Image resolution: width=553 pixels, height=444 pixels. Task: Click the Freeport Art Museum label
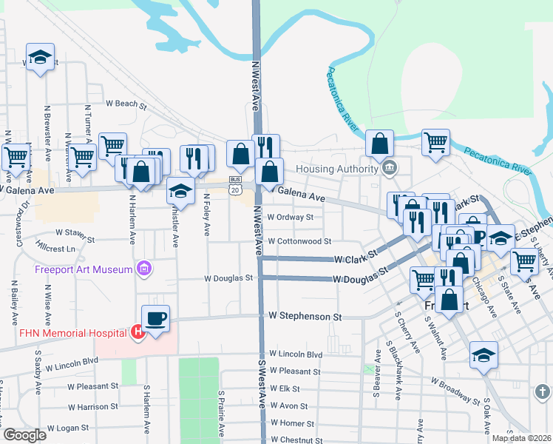[x=84, y=269]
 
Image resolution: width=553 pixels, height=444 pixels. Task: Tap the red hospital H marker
[x=137, y=332]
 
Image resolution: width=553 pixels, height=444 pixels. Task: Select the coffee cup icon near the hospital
[x=155, y=319]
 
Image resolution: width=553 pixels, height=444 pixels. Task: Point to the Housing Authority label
[x=336, y=169]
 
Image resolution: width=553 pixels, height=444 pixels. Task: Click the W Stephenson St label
[x=305, y=316]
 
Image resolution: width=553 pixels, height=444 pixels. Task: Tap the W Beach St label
[x=126, y=104]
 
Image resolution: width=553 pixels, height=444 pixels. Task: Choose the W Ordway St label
[x=291, y=218]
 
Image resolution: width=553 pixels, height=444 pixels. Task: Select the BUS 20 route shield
[x=235, y=184]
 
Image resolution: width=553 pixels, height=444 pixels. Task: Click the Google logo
[x=25, y=435]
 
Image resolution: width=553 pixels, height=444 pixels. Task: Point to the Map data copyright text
[x=520, y=438]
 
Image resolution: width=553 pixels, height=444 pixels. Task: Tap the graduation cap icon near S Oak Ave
[x=484, y=356]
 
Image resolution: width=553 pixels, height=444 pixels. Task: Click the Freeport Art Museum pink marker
[x=144, y=269]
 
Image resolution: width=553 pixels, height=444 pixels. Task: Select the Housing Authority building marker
[x=388, y=169]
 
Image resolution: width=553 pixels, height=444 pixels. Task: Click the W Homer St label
[x=293, y=423]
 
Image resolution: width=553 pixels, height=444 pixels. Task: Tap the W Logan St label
[x=67, y=428]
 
